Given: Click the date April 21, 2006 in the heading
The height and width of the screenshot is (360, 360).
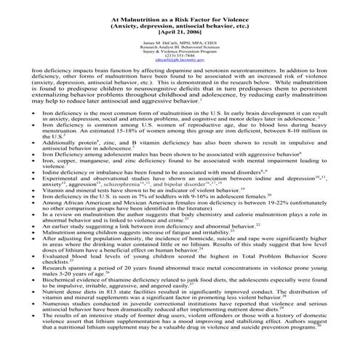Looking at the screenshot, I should tap(180, 33).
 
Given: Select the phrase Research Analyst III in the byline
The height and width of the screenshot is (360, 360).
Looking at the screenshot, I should tap(154, 51).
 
